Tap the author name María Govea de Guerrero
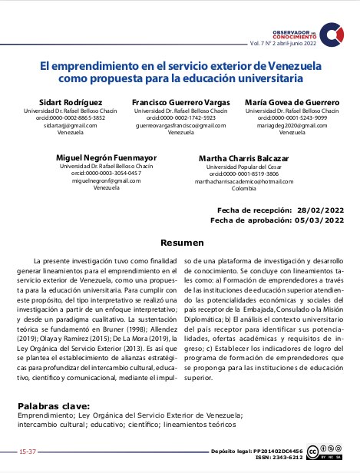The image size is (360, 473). click(x=292, y=103)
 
